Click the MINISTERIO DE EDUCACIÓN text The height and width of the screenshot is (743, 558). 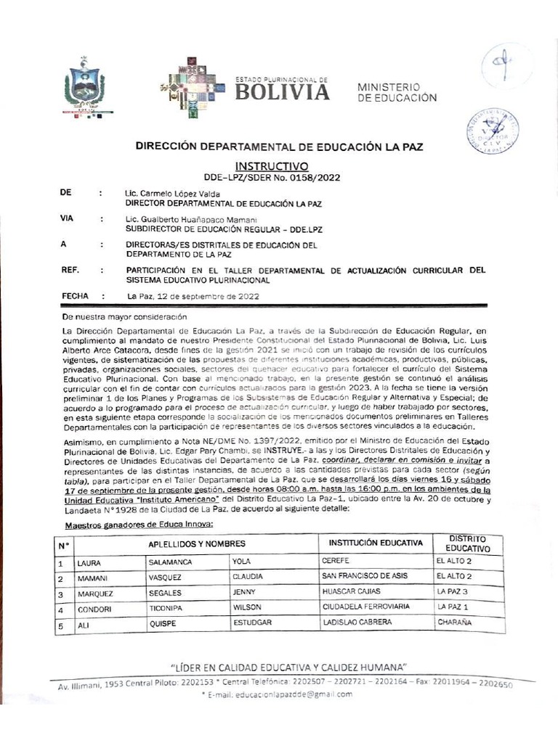397,91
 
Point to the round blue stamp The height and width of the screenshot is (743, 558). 492,131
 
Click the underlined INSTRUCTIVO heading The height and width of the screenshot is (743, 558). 273,165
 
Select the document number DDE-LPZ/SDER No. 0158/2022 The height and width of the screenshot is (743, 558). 273,176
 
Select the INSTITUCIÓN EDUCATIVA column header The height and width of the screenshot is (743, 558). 375,543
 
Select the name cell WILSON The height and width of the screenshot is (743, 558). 247,607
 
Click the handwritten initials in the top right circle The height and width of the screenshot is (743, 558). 506,65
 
